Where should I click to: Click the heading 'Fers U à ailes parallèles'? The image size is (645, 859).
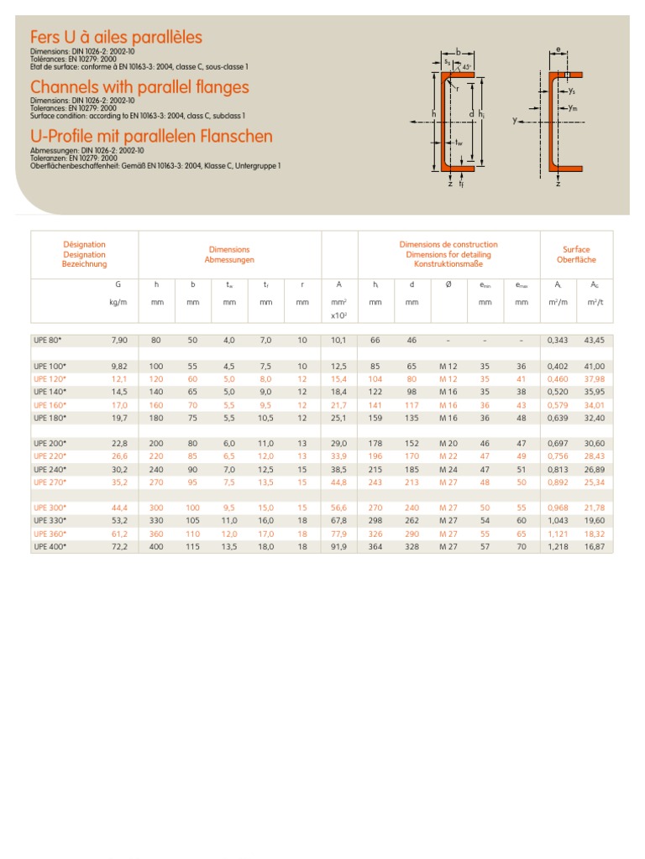pyautogui.click(x=116, y=38)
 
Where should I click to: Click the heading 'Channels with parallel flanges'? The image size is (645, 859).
pyautogui.click(x=139, y=87)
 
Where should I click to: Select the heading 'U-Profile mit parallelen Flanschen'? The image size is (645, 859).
pyautogui.click(x=151, y=136)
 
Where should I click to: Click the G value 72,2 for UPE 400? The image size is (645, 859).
pyautogui.click(x=119, y=546)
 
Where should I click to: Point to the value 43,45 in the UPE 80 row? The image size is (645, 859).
pyautogui.click(x=595, y=340)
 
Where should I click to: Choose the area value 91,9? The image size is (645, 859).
pyautogui.click(x=339, y=546)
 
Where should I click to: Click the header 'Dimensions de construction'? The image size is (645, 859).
pyautogui.click(x=448, y=245)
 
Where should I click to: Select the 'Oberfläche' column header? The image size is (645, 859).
pyautogui.click(x=576, y=260)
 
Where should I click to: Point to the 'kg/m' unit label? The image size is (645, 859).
pyautogui.click(x=118, y=302)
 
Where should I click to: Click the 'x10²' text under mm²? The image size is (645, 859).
pyautogui.click(x=339, y=315)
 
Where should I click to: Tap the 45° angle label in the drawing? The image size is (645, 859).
pyautogui.click(x=468, y=66)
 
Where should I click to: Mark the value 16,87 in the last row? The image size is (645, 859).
pyautogui.click(x=595, y=546)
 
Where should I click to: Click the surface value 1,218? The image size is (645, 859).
pyautogui.click(x=558, y=546)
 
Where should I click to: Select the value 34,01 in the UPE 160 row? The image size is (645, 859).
pyautogui.click(x=595, y=404)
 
